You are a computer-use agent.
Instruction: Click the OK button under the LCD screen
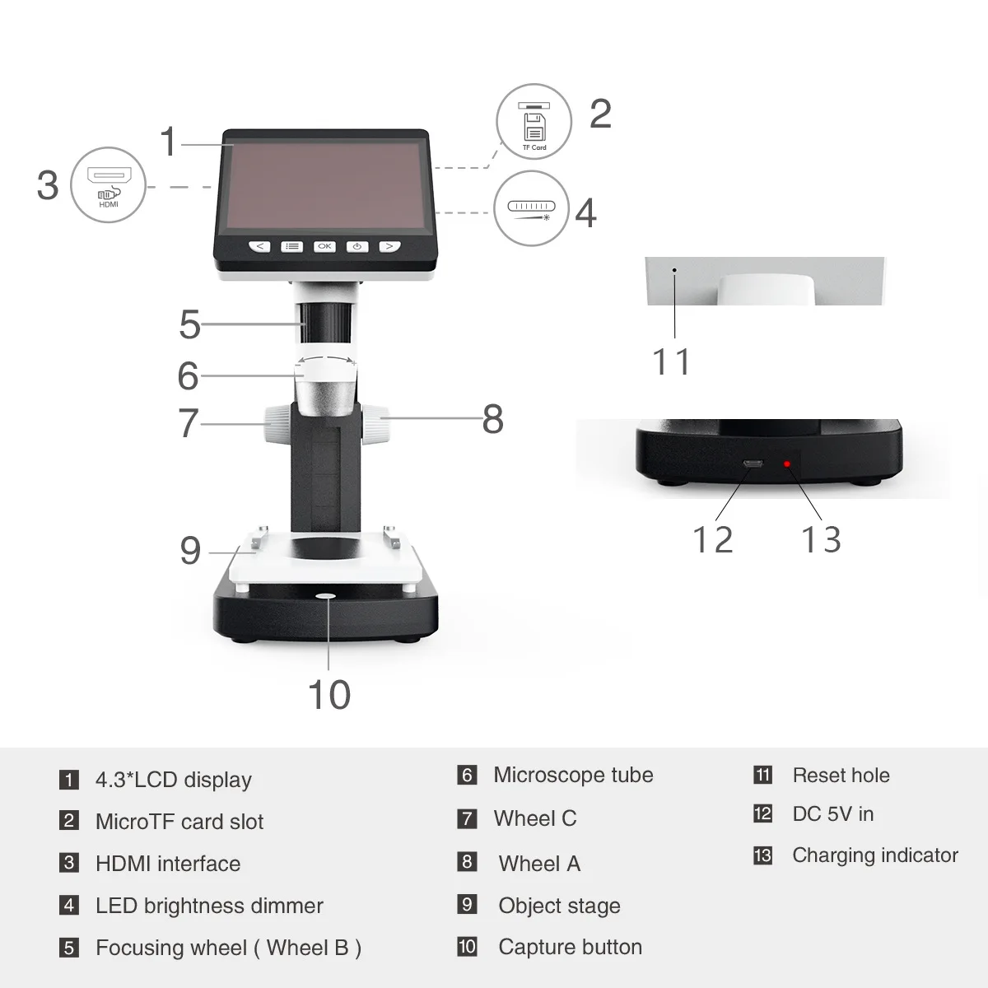[x=324, y=246]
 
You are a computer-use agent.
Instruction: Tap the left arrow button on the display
[x=259, y=246]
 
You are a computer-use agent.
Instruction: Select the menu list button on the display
[x=291, y=246]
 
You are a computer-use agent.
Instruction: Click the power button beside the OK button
[x=357, y=246]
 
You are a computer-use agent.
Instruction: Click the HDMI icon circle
[x=109, y=184]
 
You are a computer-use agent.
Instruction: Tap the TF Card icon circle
[x=534, y=122]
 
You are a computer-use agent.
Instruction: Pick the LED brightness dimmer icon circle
[x=532, y=207]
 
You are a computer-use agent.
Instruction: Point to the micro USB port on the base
[x=752, y=464]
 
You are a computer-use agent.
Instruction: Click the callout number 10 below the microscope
[x=329, y=695]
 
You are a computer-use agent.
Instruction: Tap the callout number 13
[x=821, y=540]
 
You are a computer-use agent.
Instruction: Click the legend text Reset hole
[x=841, y=776]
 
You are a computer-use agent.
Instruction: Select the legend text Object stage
[x=559, y=906]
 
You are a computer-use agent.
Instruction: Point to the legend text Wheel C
[x=535, y=818]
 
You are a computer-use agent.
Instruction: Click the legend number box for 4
[x=69, y=906]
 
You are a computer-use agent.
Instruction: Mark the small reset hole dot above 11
[x=674, y=269]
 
